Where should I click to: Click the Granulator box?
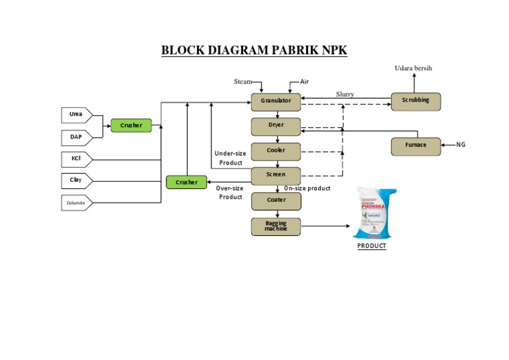[276, 101]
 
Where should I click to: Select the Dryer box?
[276, 126]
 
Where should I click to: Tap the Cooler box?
[276, 151]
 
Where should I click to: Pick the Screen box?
[276, 176]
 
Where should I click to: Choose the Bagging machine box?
[276, 226]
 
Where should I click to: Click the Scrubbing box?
[416, 101]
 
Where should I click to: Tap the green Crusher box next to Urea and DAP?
[131, 125]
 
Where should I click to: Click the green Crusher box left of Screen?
[186, 182]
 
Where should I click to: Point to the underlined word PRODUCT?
[371, 246]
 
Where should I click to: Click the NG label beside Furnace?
[460, 145]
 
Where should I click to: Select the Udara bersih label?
[414, 68]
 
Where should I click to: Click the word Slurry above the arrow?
[345, 94]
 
